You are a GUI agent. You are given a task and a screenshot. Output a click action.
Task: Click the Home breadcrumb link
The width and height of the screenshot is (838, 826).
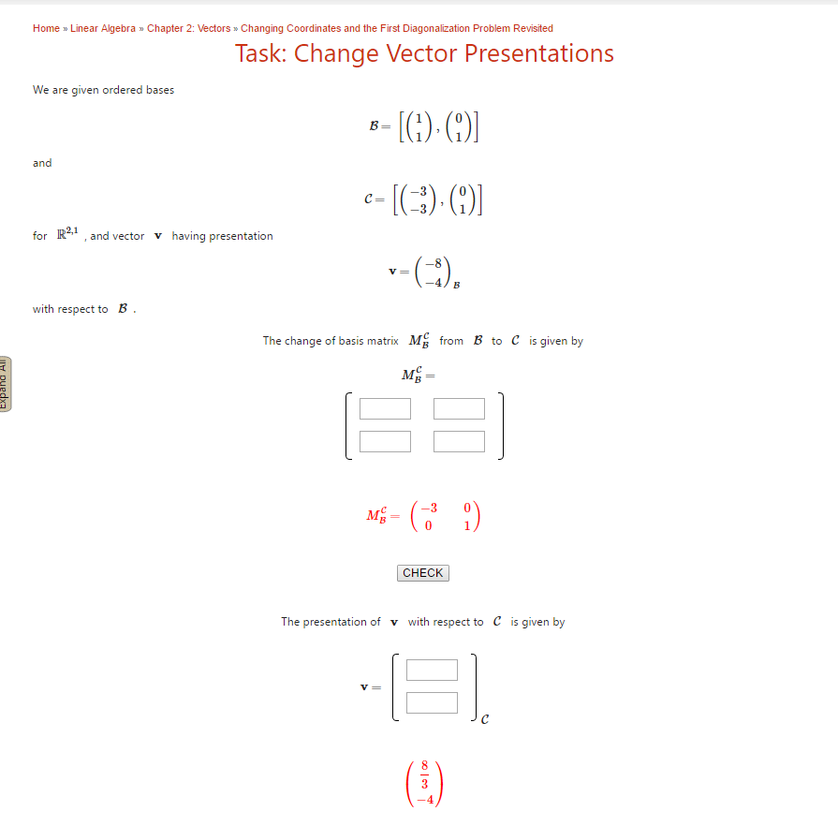46,28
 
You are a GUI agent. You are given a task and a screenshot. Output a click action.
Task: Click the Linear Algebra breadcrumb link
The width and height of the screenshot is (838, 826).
103,28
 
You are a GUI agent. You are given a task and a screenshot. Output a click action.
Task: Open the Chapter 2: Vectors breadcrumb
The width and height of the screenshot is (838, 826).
188,28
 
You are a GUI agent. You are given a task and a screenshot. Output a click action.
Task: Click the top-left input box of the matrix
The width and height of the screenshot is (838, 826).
385,409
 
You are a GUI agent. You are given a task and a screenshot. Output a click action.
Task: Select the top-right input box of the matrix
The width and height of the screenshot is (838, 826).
459,409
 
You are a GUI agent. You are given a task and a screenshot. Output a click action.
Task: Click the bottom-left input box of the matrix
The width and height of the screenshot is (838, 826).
385,441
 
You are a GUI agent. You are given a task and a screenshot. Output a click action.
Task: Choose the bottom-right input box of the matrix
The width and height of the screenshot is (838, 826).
459,441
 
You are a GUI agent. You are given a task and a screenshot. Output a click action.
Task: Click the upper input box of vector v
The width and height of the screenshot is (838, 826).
432,671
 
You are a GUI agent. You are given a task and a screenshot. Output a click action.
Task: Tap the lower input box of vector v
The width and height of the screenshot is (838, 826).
432,702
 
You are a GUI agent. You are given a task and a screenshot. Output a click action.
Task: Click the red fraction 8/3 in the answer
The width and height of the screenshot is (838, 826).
426,774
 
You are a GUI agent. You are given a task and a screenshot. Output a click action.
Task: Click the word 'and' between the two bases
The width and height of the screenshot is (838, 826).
42,163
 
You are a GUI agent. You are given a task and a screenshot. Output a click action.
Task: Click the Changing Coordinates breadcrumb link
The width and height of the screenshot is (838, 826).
396,28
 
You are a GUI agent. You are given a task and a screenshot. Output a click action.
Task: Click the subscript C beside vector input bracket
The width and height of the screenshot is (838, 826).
484,720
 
